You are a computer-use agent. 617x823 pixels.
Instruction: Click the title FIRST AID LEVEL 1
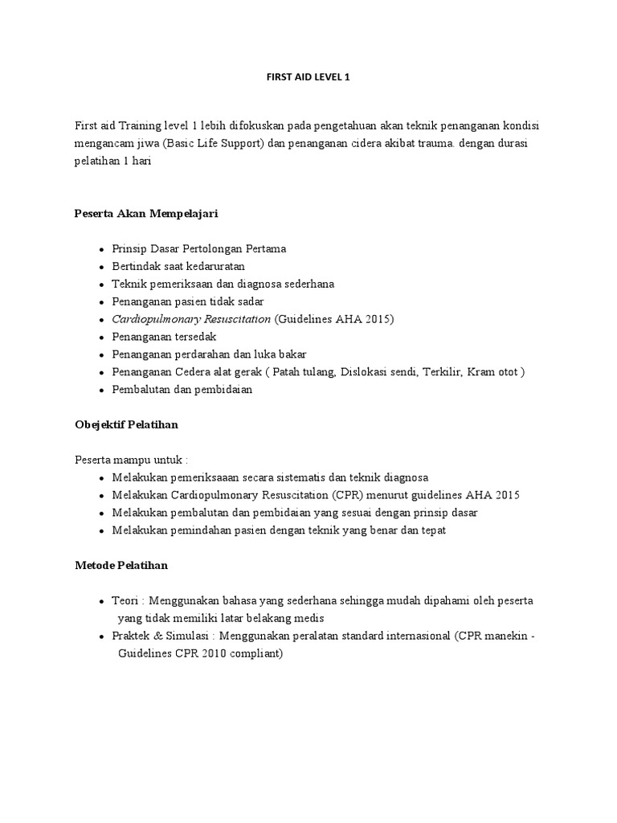tap(308, 78)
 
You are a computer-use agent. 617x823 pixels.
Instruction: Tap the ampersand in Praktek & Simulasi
tap(157, 637)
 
